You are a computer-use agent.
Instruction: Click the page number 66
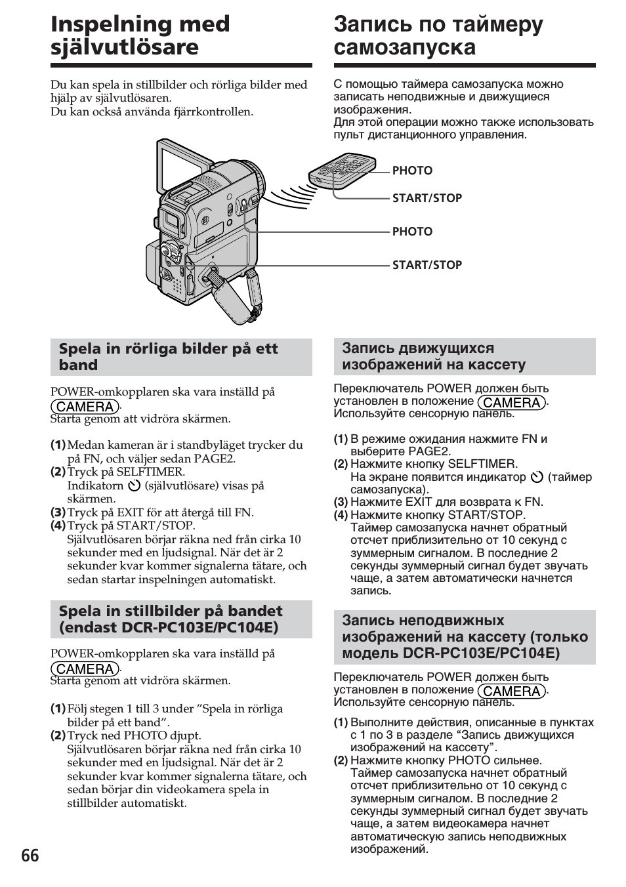coord(30,856)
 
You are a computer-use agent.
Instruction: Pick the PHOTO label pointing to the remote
coord(412,171)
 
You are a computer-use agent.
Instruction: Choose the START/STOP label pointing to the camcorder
coord(427,265)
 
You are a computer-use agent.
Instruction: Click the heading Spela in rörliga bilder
coord(168,356)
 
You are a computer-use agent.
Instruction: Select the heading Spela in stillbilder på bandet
coord(171,619)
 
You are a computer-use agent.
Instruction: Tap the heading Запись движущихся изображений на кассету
coord(433,356)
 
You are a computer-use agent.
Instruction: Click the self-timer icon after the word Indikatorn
coord(135,486)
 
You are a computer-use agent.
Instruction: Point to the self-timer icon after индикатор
coord(537,477)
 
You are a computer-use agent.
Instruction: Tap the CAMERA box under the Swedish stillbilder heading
coord(85,669)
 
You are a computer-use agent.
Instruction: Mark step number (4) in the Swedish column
coord(58,526)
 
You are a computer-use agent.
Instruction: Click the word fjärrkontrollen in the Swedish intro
coord(215,112)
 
